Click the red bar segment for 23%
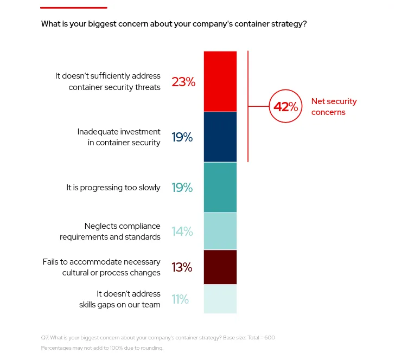220,81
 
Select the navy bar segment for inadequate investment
220,137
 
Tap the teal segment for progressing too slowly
220,187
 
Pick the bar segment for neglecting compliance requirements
220,231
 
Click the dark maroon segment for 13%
220,267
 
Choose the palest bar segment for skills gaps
220,299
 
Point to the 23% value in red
183,82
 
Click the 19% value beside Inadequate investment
182,137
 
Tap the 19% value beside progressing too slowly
182,188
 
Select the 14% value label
182,232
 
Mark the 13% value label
182,267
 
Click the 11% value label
180,299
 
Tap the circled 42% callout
285,107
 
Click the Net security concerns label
334,107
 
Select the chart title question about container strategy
174,24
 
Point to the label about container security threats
107,81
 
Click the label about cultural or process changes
101,267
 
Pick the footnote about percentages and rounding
102,348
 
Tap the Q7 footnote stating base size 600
158,338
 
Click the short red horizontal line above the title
74,8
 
